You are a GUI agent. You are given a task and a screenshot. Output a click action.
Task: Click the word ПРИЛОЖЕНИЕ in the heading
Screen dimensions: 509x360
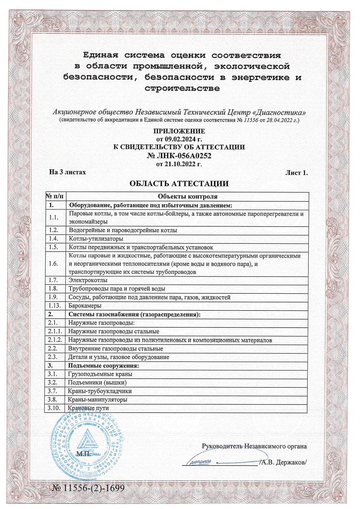179,131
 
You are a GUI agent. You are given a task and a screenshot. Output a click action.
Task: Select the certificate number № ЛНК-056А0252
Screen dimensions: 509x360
179,156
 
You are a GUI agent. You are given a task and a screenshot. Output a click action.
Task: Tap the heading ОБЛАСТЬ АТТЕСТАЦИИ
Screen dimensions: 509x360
179,184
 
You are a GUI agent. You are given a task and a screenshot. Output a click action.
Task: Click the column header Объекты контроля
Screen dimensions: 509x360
188,196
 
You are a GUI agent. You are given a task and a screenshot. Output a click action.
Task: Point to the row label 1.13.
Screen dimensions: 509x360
54,306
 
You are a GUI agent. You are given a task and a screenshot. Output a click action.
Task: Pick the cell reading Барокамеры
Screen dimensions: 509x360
85,306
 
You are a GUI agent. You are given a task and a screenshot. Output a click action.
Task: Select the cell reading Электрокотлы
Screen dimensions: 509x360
88,280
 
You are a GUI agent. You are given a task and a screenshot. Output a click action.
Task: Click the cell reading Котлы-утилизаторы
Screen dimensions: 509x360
96,239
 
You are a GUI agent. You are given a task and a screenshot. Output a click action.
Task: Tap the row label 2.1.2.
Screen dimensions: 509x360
55,340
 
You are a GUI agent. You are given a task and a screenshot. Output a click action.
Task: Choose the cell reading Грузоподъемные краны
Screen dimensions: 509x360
100,374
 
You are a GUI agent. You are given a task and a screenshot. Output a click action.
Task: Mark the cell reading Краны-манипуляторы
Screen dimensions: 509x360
98,400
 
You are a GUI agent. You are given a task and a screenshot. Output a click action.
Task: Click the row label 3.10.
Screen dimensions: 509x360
54,408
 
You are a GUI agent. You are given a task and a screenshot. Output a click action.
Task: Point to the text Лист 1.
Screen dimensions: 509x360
296,173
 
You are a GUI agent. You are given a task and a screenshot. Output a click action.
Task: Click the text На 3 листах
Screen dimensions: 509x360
68,172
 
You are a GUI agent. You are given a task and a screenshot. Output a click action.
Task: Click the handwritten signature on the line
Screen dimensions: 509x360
200,461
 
